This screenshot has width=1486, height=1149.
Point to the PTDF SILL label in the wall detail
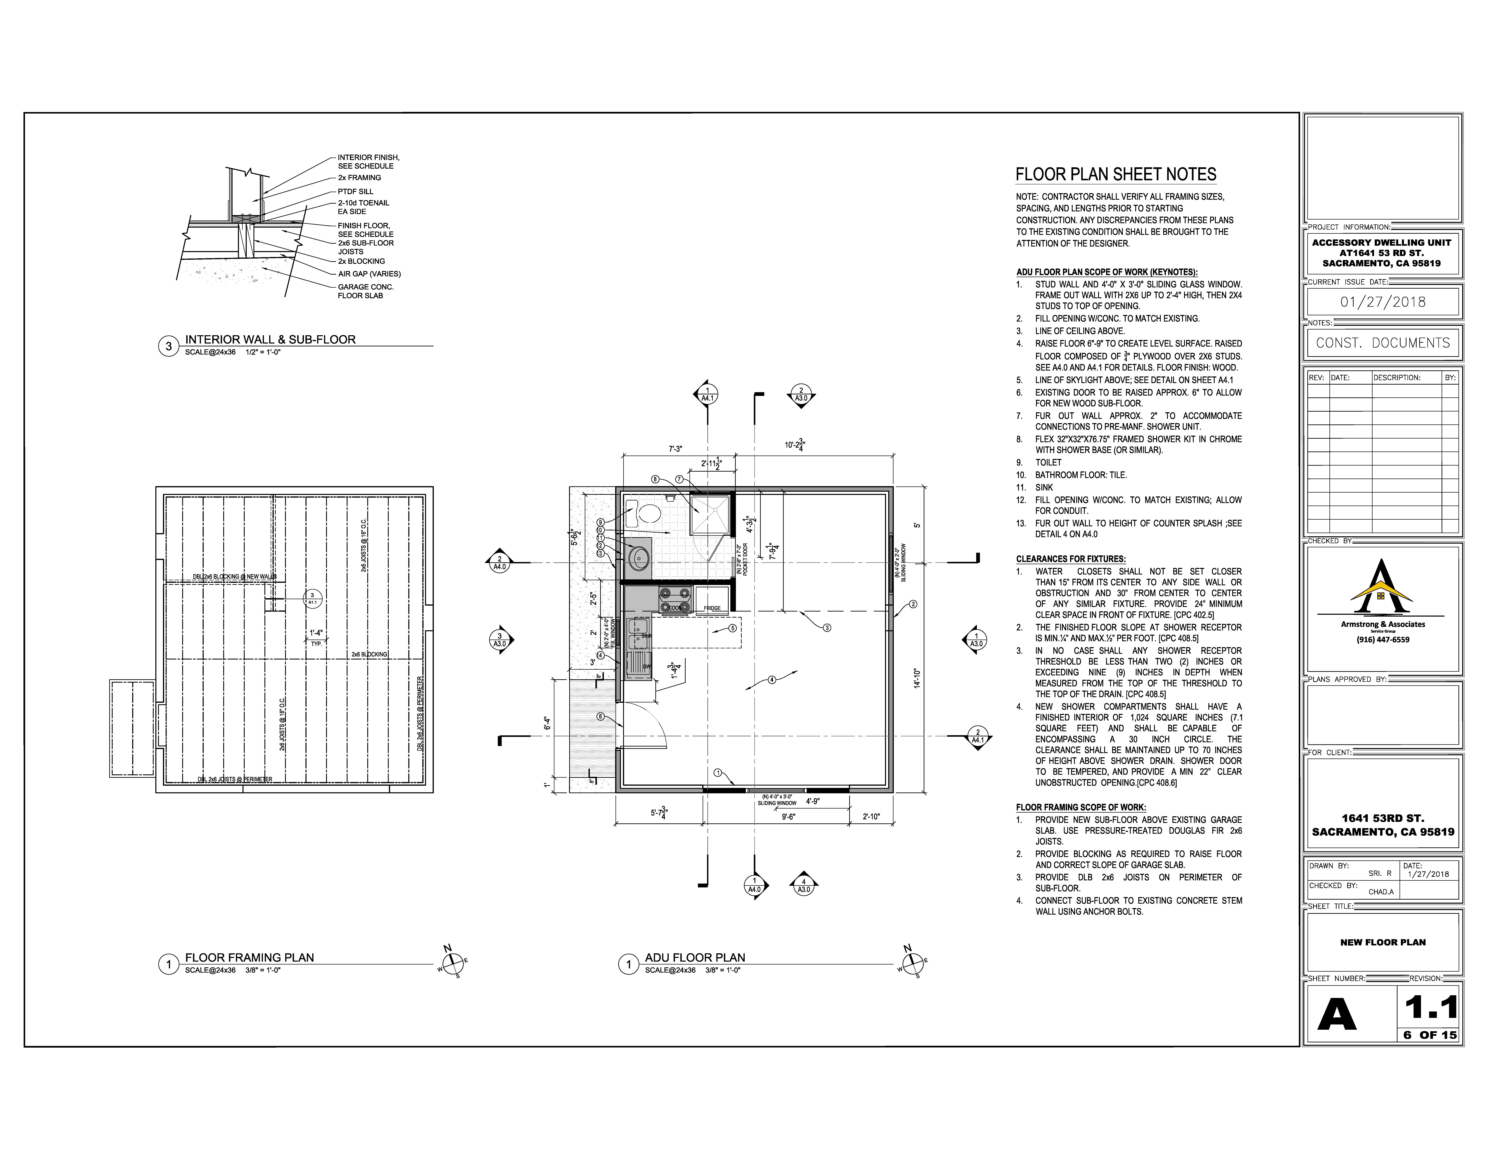point(355,191)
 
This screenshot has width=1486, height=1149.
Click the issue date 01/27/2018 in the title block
point(1383,302)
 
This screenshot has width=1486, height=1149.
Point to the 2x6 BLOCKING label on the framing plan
point(369,654)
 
